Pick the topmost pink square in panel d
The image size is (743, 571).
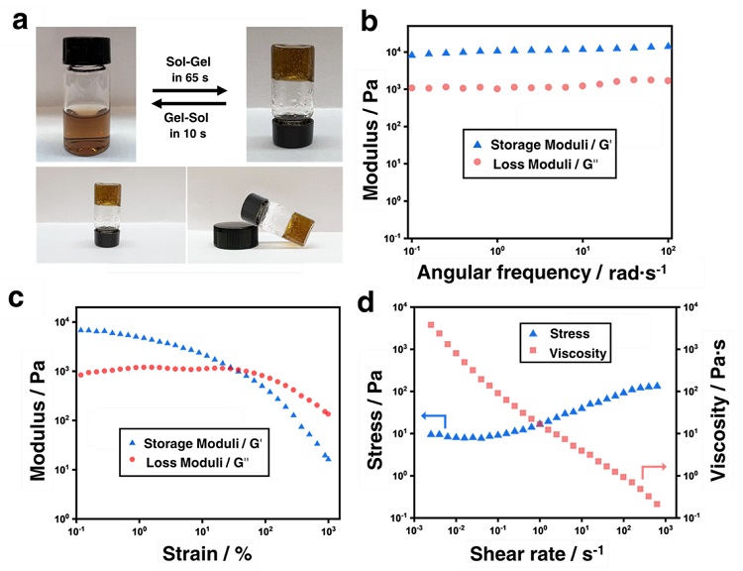pos(430,324)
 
